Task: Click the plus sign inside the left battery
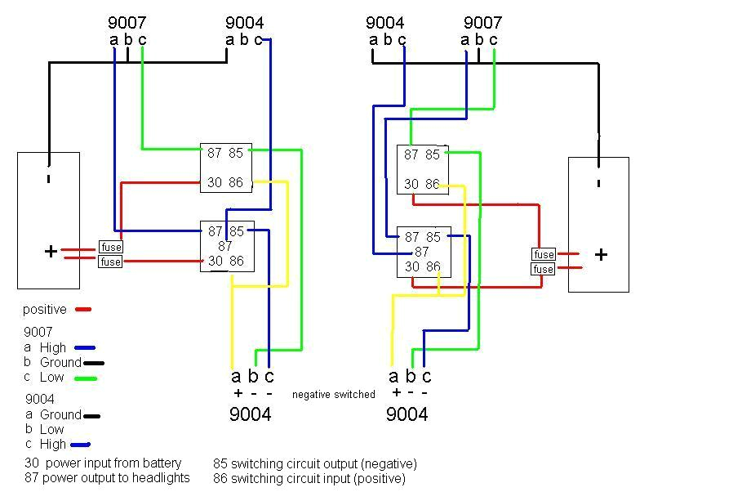pyautogui.click(x=51, y=252)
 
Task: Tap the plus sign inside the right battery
pyautogui.click(x=601, y=254)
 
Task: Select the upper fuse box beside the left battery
pyautogui.click(x=110, y=247)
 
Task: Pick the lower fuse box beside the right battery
pyautogui.click(x=543, y=269)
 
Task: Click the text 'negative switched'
pyautogui.click(x=334, y=395)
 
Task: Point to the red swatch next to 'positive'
pyautogui.click(x=82, y=310)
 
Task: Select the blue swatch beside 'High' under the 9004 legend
pyautogui.click(x=80, y=445)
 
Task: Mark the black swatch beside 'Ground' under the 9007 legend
pyautogui.click(x=94, y=363)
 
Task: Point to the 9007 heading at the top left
pyautogui.click(x=127, y=23)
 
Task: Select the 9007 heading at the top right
pyautogui.click(x=482, y=23)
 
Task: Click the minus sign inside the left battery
pyautogui.click(x=49, y=177)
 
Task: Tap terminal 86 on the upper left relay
pyautogui.click(x=236, y=182)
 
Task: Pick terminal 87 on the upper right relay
pyautogui.click(x=411, y=154)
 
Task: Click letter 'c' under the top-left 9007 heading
pyautogui.click(x=142, y=39)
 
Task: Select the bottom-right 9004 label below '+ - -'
pyautogui.click(x=407, y=414)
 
